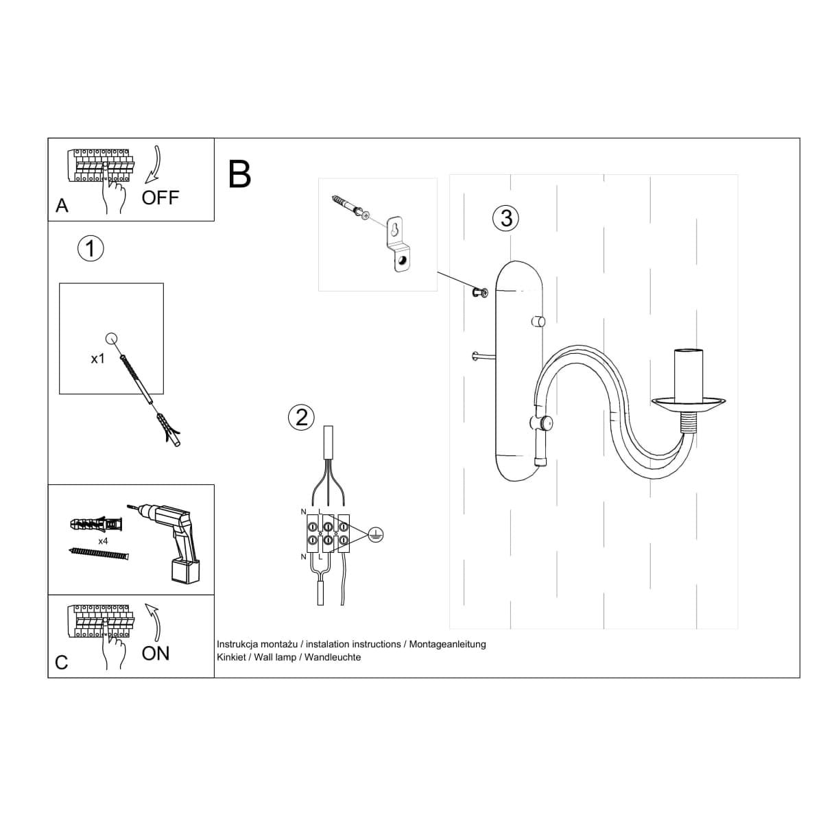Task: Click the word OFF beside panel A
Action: pyautogui.click(x=160, y=198)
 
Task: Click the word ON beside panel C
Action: pyautogui.click(x=155, y=654)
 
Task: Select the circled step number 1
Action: pyautogui.click(x=91, y=248)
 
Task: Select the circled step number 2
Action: pyautogui.click(x=302, y=417)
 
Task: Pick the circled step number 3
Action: pyautogui.click(x=506, y=218)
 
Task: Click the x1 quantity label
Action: pyautogui.click(x=97, y=358)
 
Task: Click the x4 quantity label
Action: pyautogui.click(x=104, y=541)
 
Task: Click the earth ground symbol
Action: pyautogui.click(x=375, y=535)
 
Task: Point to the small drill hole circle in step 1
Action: pyautogui.click(x=111, y=337)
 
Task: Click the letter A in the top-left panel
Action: pyautogui.click(x=62, y=206)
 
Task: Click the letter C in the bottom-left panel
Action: pyautogui.click(x=62, y=663)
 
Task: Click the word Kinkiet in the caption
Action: pyautogui.click(x=233, y=657)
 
